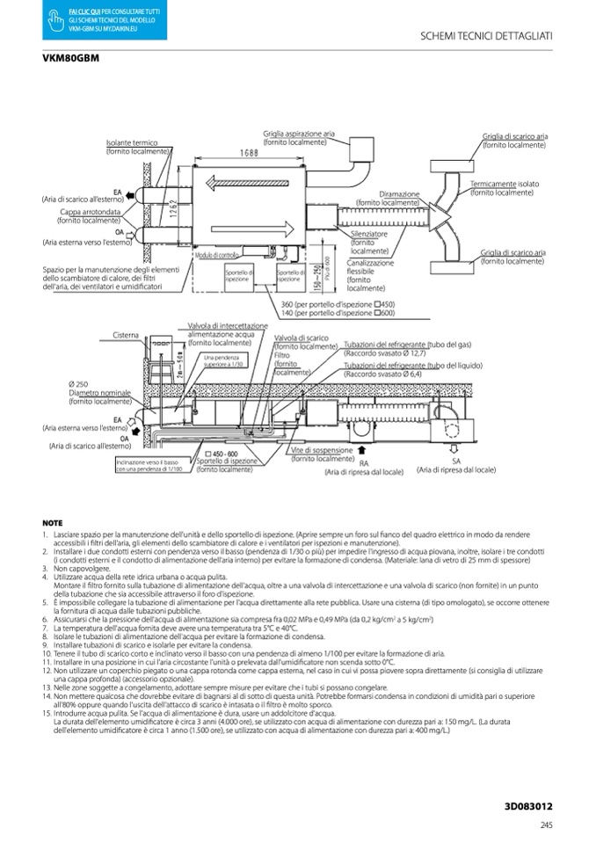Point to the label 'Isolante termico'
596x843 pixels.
[132, 142]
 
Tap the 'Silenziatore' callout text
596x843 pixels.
[369, 235]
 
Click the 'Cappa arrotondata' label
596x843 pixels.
[90, 213]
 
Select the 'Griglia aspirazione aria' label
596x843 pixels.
[299, 133]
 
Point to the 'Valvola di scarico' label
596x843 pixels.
[301, 337]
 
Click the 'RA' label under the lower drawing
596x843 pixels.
[363, 462]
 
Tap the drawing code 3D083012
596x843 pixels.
[529, 804]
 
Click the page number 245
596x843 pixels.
[546, 824]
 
